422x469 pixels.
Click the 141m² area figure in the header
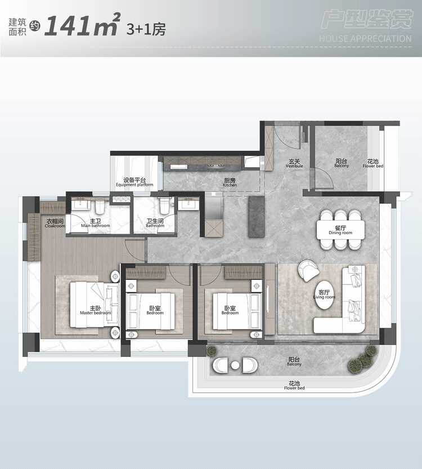[83, 25]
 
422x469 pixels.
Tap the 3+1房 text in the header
[146, 29]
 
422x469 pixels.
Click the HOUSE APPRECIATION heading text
[365, 39]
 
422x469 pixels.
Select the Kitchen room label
[230, 183]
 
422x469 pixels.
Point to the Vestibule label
[294, 164]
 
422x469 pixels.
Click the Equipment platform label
[134, 182]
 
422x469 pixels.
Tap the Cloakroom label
[55, 224]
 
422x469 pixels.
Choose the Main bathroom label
[95, 223]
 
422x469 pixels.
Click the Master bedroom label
[95, 310]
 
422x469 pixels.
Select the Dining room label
[340, 230]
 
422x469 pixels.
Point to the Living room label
[324, 294]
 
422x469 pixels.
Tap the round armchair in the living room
[309, 271]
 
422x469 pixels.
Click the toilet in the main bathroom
[99, 206]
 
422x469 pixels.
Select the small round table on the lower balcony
[235, 365]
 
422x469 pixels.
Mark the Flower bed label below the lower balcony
[294, 386]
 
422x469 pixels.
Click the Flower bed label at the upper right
[373, 164]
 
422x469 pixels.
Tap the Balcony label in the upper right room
[342, 163]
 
